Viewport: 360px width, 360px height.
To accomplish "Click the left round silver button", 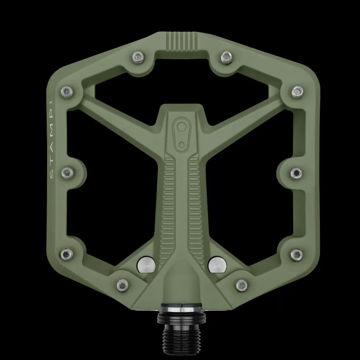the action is click(x=146, y=266).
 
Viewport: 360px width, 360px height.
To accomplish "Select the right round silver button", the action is click(x=217, y=266).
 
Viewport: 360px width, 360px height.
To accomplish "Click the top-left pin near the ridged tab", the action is click(x=138, y=58).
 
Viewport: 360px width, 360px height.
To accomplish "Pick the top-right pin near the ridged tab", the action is click(x=226, y=57).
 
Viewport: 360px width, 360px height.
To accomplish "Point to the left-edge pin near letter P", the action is click(x=67, y=92).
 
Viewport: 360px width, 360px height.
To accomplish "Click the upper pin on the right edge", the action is click(x=298, y=91).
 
